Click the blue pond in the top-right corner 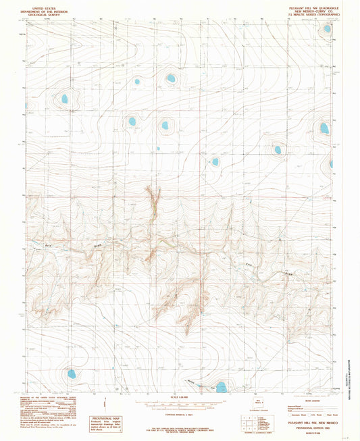pos(327,28)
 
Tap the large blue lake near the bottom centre pos(220,387)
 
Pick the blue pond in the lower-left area pos(71,373)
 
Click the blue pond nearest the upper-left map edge pos(65,99)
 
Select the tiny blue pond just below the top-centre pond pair pos(158,149)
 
